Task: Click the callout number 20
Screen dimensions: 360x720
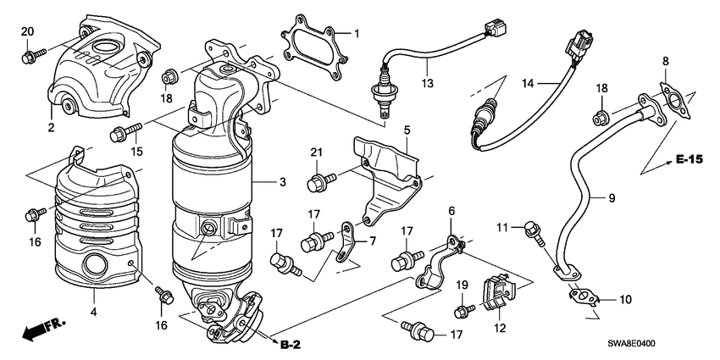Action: click(x=26, y=31)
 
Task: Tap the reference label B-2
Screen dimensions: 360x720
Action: click(x=289, y=344)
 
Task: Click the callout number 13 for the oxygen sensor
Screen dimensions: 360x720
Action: click(x=428, y=83)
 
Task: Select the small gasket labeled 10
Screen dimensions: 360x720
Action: click(x=583, y=296)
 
